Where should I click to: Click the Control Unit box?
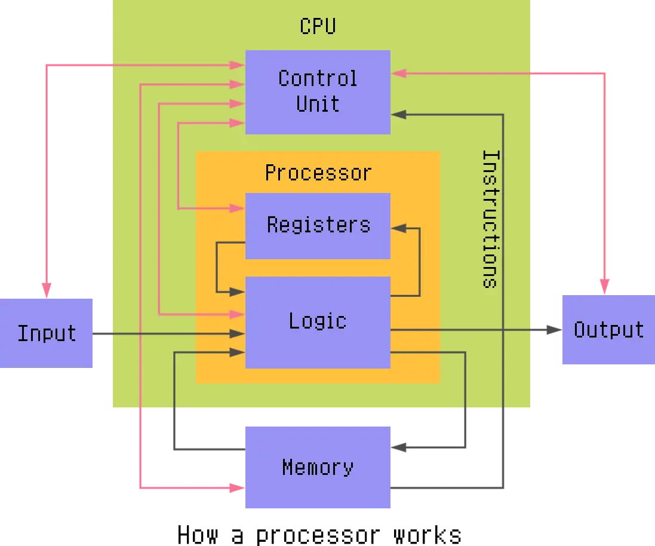click(318, 91)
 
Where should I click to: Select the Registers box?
click(318, 225)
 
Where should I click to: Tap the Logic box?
click(318, 321)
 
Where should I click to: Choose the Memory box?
click(318, 467)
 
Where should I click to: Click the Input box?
click(47, 332)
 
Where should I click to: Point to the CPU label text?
click(318, 26)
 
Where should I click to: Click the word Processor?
click(318, 173)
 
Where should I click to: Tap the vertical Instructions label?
click(490, 219)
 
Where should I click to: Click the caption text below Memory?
click(319, 533)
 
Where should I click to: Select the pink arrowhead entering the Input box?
click(45, 289)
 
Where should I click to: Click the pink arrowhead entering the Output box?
click(604, 286)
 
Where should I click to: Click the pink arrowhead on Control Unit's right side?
click(399, 73)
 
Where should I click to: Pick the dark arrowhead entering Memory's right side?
click(401, 446)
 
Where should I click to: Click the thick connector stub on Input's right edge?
click(103, 334)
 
